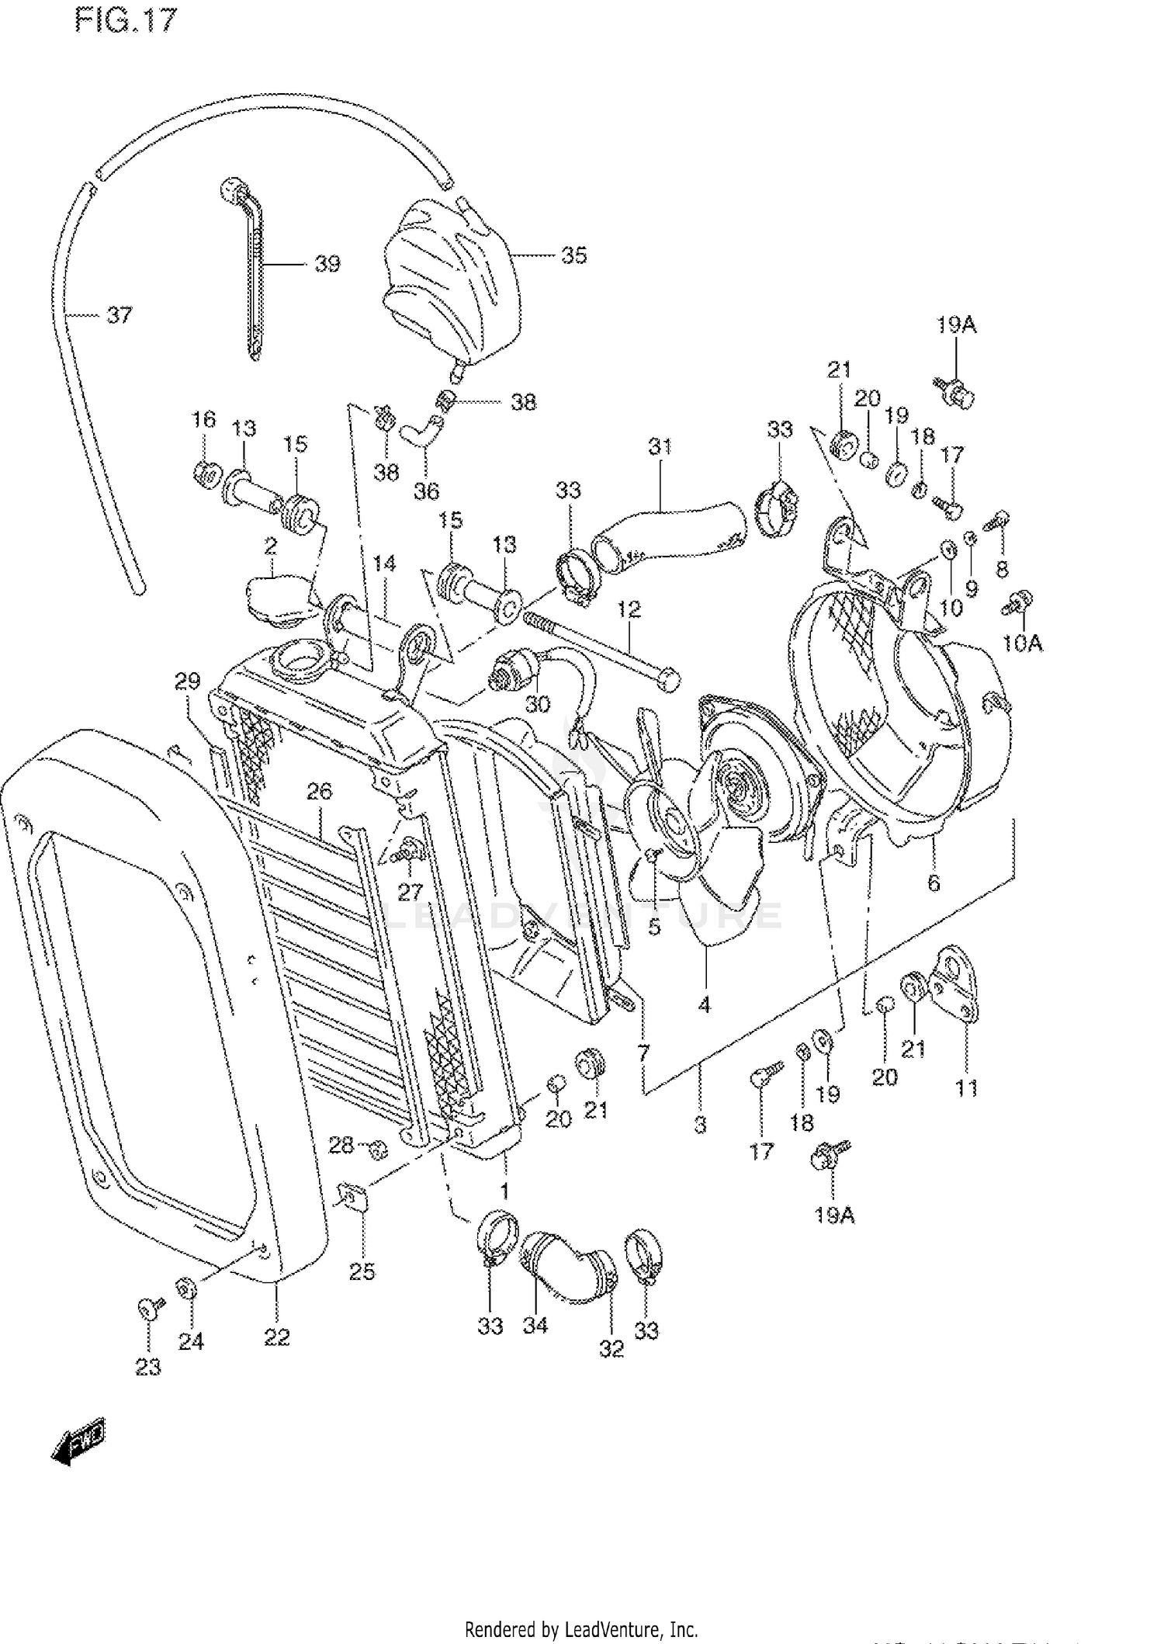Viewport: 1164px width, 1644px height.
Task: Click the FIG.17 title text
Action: [x=126, y=21]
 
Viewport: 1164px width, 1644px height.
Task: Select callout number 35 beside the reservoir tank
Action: [x=573, y=255]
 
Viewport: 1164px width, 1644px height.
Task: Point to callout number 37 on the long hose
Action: [x=119, y=315]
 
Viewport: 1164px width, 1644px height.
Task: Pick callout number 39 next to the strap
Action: [x=327, y=264]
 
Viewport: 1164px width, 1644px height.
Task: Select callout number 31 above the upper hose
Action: [x=660, y=447]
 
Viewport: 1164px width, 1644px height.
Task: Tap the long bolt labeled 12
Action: [x=598, y=648]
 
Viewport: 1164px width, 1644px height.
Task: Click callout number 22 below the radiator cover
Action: [x=276, y=1337]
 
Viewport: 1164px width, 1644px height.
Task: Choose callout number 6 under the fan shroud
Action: [x=934, y=883]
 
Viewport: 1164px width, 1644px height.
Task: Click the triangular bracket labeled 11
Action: [x=956, y=987]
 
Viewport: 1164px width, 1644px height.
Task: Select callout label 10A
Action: [x=1023, y=643]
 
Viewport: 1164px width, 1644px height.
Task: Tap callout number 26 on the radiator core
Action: [x=319, y=792]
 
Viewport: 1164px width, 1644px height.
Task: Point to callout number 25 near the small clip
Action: [x=362, y=1271]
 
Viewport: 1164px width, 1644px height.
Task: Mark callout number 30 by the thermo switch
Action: [x=537, y=704]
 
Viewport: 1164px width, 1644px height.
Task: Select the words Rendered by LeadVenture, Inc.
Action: [x=580, y=1629]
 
